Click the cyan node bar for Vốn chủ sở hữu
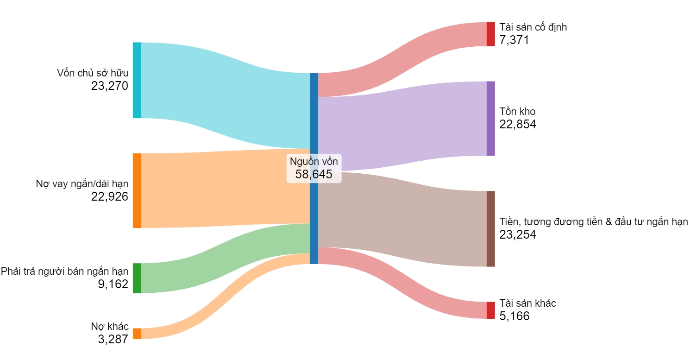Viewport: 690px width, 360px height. coord(137,80)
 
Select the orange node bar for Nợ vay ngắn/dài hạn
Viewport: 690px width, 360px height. coord(137,190)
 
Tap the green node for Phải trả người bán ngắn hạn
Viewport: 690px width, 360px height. coord(137,278)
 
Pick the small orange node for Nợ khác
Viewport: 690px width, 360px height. coord(137,334)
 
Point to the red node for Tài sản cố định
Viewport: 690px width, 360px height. coord(490,34)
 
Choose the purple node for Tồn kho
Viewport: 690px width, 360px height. coord(490,118)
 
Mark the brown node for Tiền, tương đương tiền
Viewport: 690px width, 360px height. coord(490,228)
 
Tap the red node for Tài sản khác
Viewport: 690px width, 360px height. coord(490,310)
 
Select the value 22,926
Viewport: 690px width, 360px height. coord(110,196)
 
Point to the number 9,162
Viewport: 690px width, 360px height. coord(113,284)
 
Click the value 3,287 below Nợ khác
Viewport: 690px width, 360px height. coord(113,339)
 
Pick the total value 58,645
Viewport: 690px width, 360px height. coord(314,174)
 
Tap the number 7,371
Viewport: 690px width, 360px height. coord(514,40)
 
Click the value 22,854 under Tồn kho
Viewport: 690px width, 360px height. coord(518,124)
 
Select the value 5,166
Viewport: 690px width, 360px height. coord(514,316)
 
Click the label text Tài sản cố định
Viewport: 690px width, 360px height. coord(533,27)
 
